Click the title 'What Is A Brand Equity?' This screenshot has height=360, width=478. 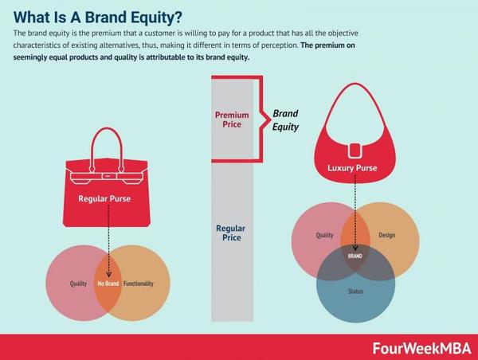click(x=97, y=18)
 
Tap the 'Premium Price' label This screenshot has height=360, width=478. click(x=232, y=119)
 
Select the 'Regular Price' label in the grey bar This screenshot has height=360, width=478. click(x=231, y=233)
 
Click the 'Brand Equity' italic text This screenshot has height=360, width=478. click(x=286, y=120)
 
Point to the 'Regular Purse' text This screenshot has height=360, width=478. click(x=104, y=199)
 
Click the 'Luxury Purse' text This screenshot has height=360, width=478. click(x=352, y=168)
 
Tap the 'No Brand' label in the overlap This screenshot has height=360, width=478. click(x=108, y=284)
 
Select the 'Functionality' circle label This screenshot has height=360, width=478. click(x=139, y=284)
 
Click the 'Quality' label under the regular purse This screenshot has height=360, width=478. click(x=78, y=284)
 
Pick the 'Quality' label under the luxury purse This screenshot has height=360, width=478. click(x=325, y=235)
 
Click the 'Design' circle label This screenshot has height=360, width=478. click(x=387, y=235)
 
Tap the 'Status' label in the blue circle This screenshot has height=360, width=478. click(x=355, y=292)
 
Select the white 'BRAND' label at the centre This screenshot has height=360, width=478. click(x=355, y=256)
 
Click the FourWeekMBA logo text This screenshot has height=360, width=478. click(x=421, y=348)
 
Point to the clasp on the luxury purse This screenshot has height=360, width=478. click(x=355, y=151)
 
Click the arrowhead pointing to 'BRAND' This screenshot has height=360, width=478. click(x=355, y=248)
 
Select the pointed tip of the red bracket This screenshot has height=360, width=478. click(x=270, y=119)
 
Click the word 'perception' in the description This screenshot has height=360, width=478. click(x=282, y=45)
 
